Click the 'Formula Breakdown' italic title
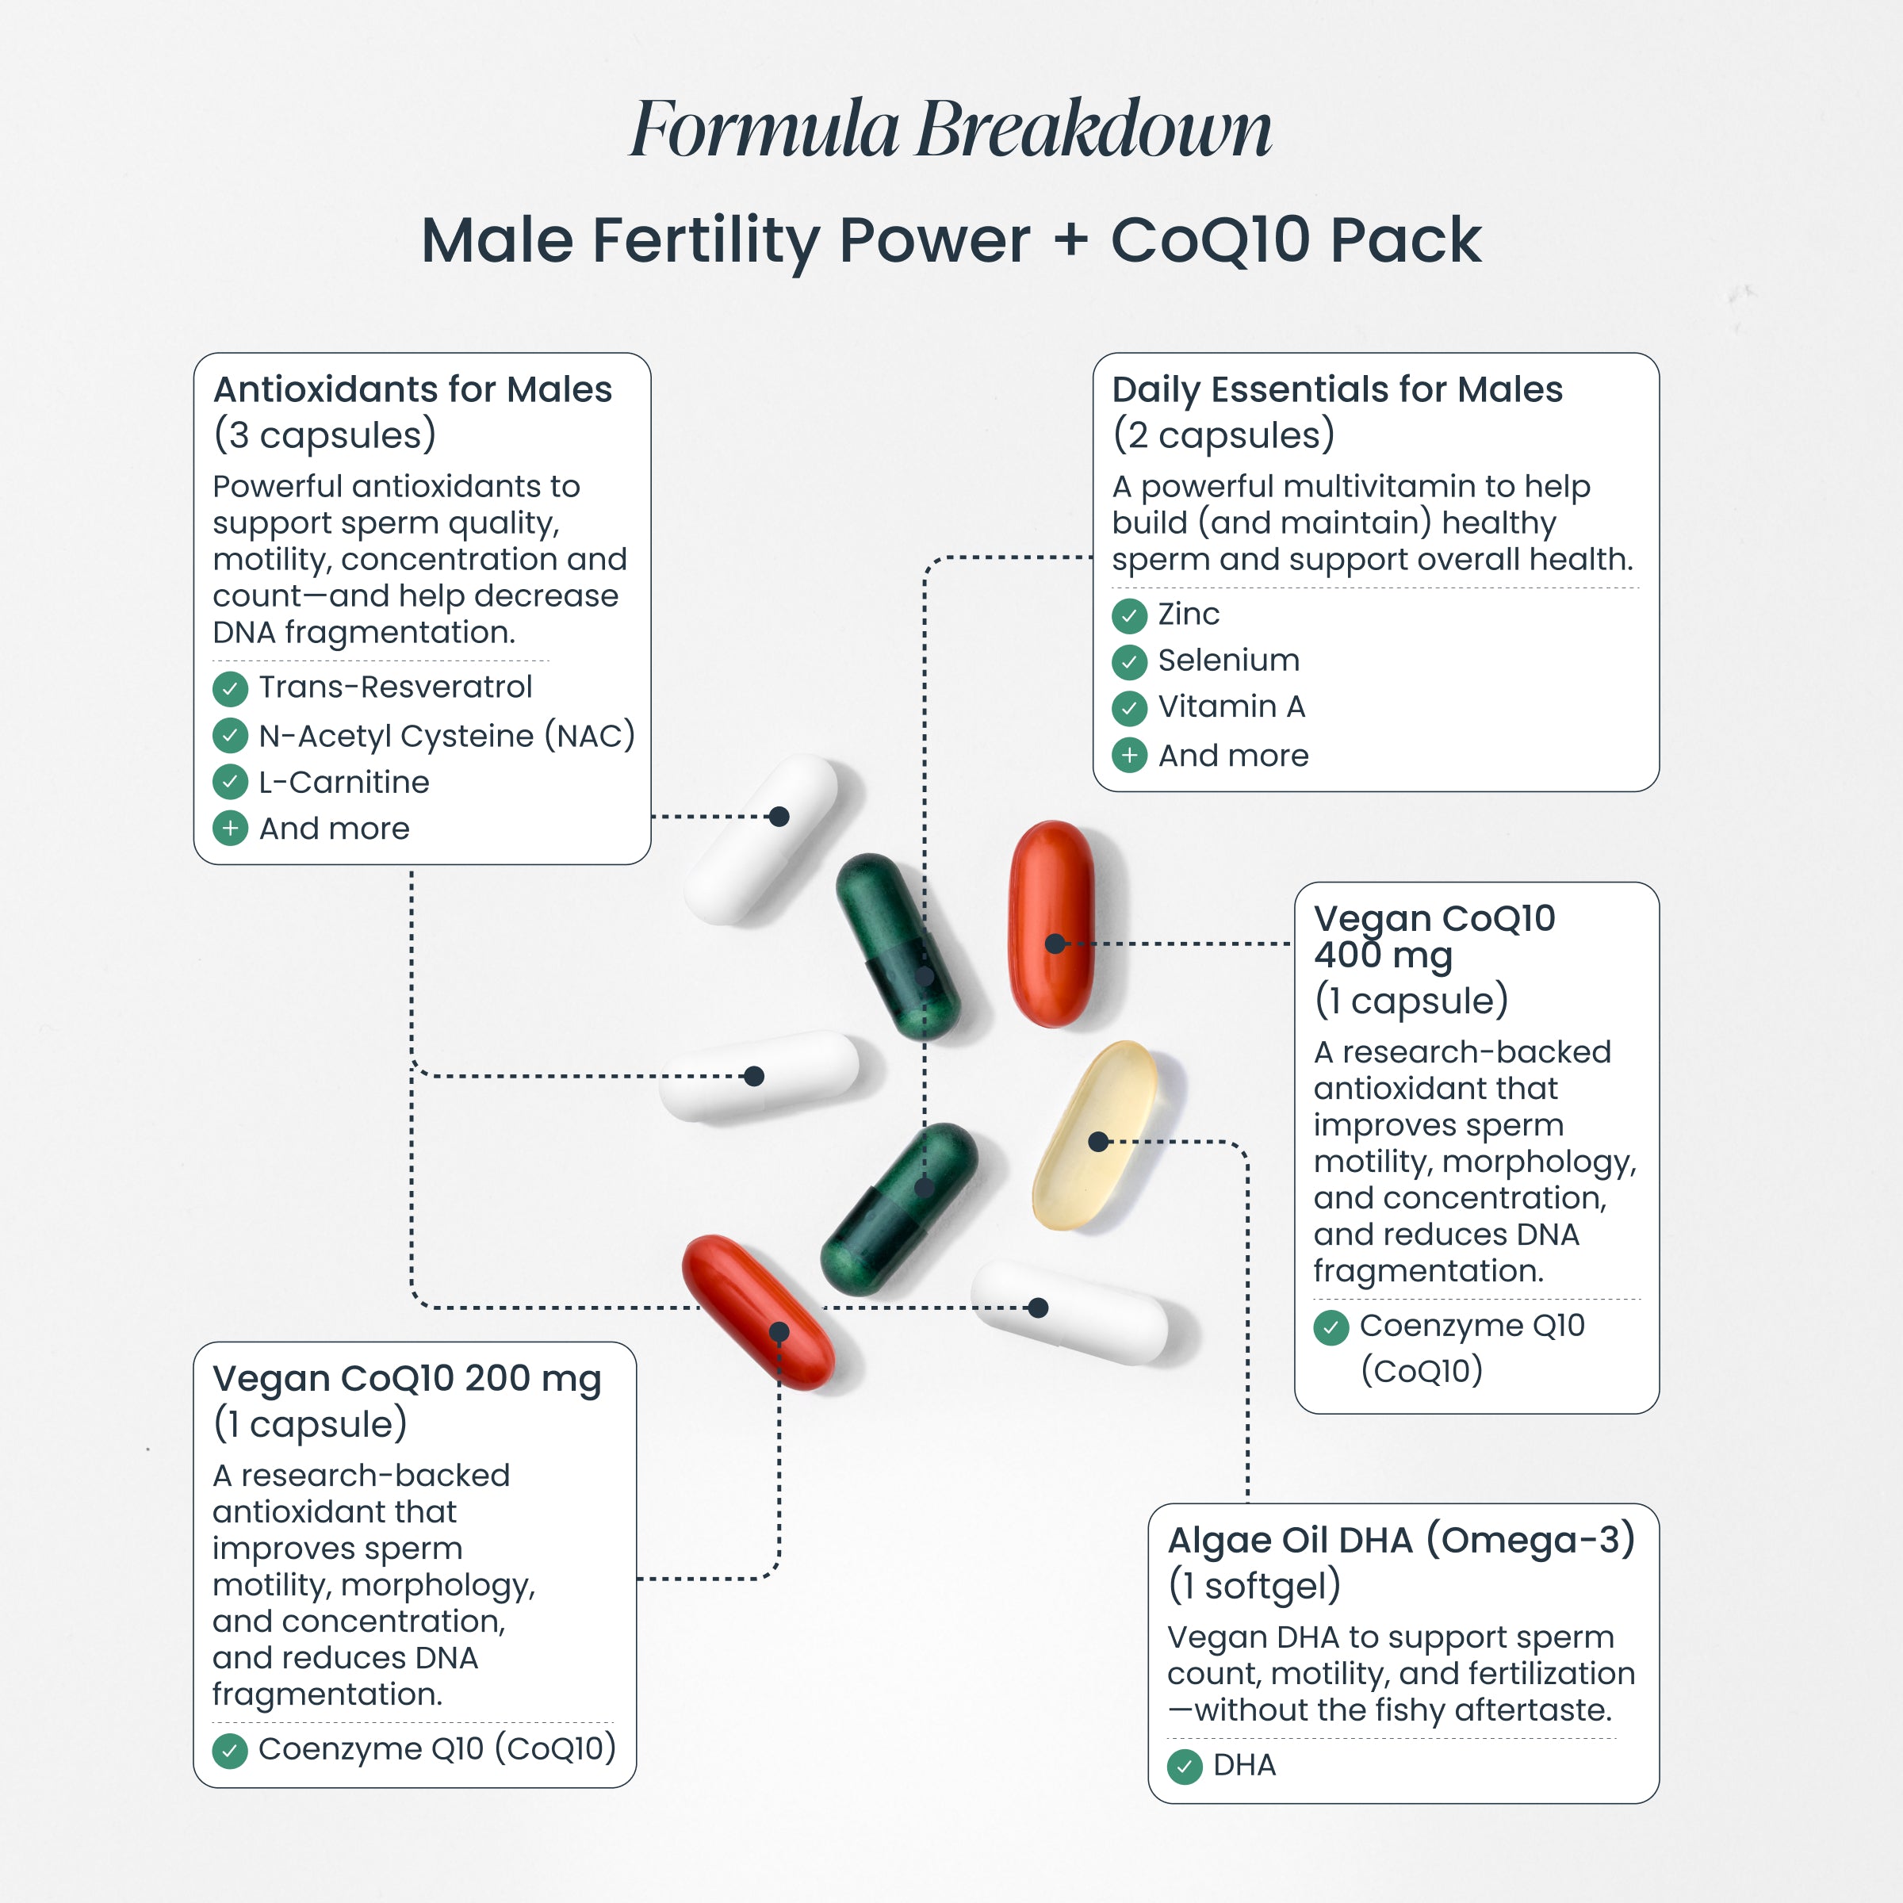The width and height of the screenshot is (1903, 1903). pos(951,129)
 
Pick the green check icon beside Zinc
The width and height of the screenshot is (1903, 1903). pos(1129,615)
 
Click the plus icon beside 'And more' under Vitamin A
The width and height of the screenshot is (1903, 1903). pos(1129,756)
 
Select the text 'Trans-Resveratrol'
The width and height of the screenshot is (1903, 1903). pos(395,687)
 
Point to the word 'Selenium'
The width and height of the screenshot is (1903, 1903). pos(1228,660)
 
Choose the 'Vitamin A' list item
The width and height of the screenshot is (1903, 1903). pos(1231,706)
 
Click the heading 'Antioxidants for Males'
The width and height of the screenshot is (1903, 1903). pos(412,390)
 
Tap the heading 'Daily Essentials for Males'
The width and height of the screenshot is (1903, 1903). pos(1337,390)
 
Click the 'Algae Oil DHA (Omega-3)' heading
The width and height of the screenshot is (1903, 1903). pos(1400,1541)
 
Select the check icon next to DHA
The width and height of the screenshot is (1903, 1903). pos(1184,1767)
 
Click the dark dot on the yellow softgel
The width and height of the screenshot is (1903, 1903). pos(1098,1142)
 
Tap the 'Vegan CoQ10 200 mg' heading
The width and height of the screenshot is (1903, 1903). pos(407,1379)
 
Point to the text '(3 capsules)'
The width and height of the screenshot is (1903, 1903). pos(325,435)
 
